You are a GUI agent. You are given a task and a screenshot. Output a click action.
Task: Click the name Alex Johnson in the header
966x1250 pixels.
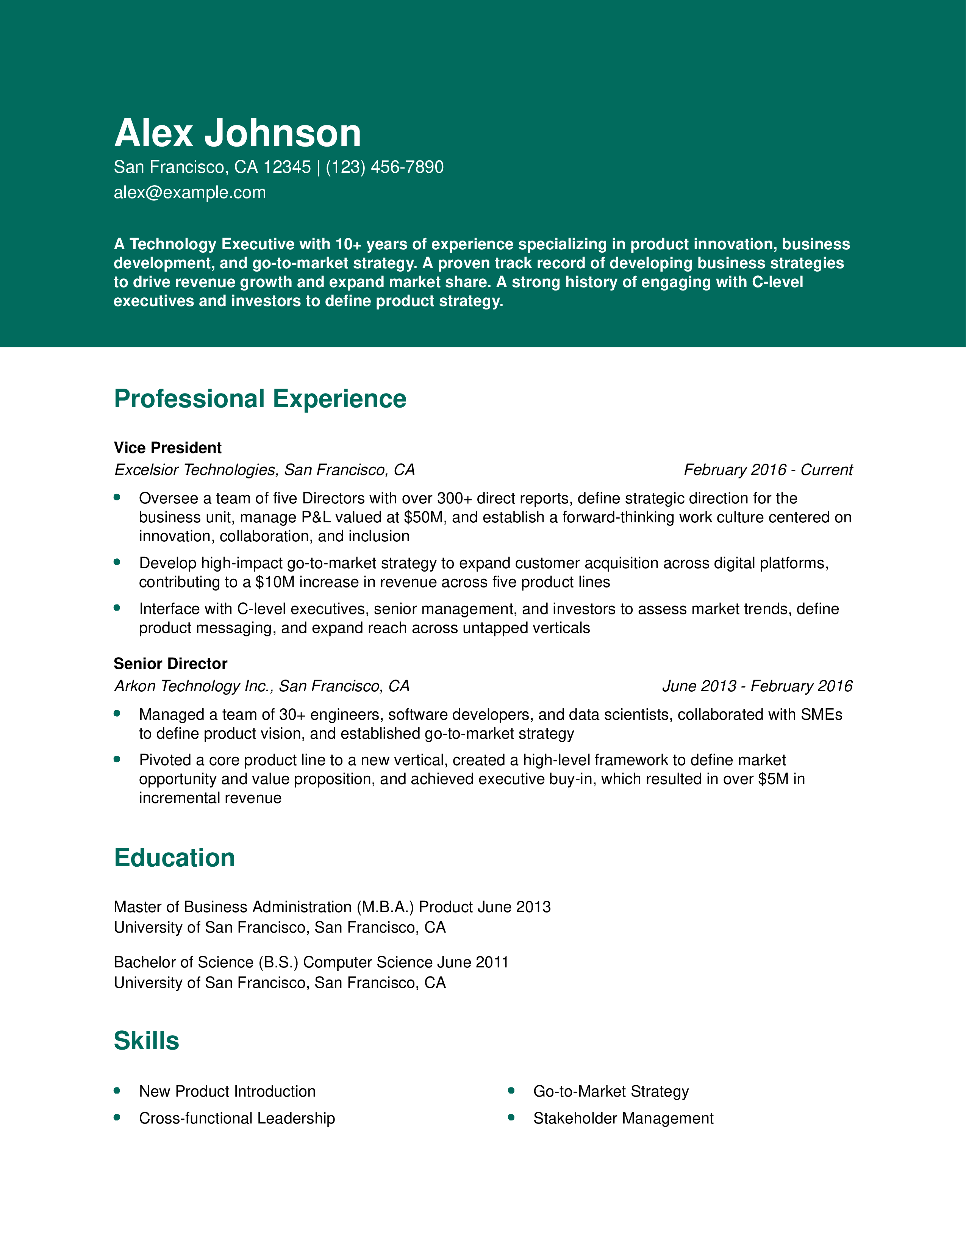pyautogui.click(x=238, y=133)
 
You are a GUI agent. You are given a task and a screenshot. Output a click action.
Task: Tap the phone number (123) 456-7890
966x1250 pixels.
pyautogui.click(x=385, y=167)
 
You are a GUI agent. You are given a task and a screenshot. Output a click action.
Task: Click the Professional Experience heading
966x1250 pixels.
pyautogui.click(x=260, y=399)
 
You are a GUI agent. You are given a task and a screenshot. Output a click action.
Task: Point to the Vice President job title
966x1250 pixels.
pyautogui.click(x=167, y=448)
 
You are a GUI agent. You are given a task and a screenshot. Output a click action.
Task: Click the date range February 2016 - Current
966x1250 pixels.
pyautogui.click(x=767, y=470)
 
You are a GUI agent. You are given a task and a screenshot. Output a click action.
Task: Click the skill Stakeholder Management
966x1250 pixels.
pyautogui.click(x=623, y=1118)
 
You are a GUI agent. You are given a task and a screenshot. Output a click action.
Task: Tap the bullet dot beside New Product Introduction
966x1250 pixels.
pyautogui.click(x=117, y=1090)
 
